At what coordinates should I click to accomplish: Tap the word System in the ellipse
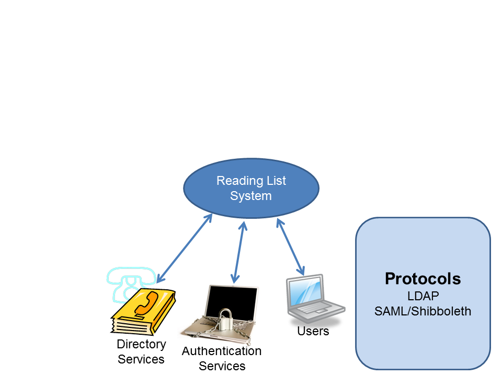(251, 196)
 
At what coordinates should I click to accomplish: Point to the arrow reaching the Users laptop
(290, 247)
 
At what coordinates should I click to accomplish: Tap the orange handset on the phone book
(146, 302)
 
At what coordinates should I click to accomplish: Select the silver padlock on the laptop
(225, 319)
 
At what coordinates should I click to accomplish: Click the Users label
(313, 331)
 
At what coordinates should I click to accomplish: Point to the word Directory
(141, 345)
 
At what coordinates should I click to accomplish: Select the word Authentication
(222, 351)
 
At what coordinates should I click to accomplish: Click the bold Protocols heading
(423, 279)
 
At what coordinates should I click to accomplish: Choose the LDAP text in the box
(423, 296)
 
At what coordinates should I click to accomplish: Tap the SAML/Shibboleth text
(423, 311)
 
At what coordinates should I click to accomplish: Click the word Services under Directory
(141, 359)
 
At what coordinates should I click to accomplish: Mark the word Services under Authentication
(222, 366)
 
